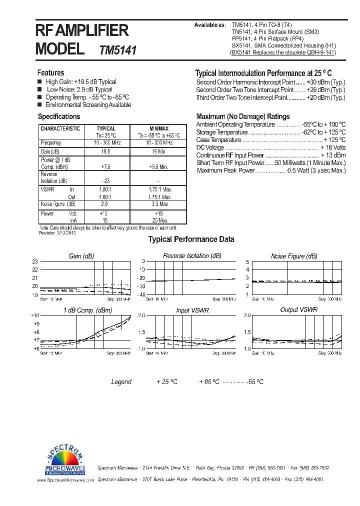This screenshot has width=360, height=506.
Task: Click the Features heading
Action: pyautogui.click(x=50, y=73)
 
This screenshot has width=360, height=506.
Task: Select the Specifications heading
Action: pyautogui.click(x=59, y=116)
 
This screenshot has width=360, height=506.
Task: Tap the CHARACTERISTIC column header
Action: pyautogui.click(x=60, y=128)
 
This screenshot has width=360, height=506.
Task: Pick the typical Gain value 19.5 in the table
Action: pyautogui.click(x=105, y=151)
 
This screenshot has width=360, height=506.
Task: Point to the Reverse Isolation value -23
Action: pyautogui.click(x=105, y=181)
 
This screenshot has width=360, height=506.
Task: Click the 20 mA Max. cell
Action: pyautogui.click(x=159, y=220)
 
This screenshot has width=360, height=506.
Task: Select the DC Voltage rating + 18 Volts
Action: pyautogui.click(x=333, y=148)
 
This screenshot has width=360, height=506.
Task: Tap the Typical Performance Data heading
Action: pyautogui.click(x=191, y=239)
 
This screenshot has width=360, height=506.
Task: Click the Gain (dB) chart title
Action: pyautogui.click(x=81, y=256)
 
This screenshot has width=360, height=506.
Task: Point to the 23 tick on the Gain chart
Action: pyautogui.click(x=35, y=261)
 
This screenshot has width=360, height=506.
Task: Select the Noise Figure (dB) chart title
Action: pyautogui.click(x=294, y=256)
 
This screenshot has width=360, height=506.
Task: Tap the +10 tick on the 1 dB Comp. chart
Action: pyautogui.click(x=35, y=315)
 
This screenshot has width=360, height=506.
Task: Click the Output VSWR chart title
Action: pyautogui.click(x=298, y=310)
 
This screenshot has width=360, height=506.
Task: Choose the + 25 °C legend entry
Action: pyautogui.click(x=167, y=382)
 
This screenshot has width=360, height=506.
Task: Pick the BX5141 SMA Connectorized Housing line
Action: pyautogui.click(x=284, y=45)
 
